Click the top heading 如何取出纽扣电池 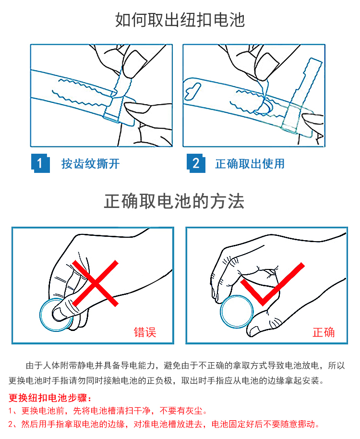(180, 20)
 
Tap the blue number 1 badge (40, 163)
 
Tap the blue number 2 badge (196, 163)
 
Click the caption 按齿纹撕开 (90, 164)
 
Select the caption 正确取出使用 (250, 164)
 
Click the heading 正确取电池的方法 (174, 201)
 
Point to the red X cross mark (96, 283)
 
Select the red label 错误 (145, 332)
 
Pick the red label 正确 (324, 332)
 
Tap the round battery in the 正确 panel (237, 312)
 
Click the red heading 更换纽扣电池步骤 (50, 398)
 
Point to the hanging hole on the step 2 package (192, 91)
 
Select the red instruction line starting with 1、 (108, 411)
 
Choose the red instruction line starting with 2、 (164, 424)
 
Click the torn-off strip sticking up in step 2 (303, 87)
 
